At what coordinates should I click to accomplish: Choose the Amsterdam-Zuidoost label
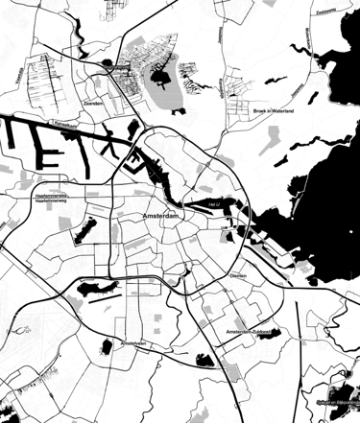point(248,332)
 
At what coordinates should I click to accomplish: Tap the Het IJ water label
point(214,203)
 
